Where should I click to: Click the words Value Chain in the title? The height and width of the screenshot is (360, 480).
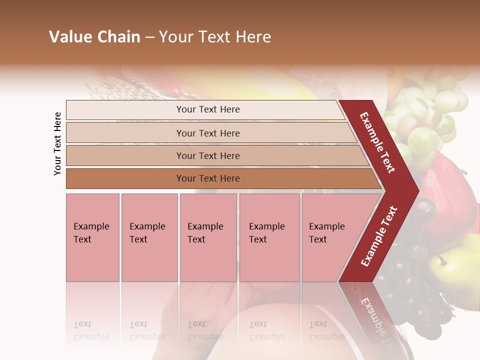coord(94,37)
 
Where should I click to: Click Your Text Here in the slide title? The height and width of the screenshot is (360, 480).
coord(215,37)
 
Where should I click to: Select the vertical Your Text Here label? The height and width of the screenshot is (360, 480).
coord(57,143)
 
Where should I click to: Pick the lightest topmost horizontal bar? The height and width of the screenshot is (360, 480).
coord(207,109)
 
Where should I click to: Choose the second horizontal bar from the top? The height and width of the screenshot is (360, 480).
coord(207,133)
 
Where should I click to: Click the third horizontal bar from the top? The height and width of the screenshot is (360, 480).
coord(207,155)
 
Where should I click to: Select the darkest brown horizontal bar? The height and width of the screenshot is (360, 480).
coord(207,178)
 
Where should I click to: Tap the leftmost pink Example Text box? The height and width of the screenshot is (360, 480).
coord(92,237)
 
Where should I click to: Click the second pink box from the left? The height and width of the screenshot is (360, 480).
coord(149,237)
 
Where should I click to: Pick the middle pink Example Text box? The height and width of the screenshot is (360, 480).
coord(208,237)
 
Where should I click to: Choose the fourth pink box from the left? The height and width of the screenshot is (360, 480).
coord(269,237)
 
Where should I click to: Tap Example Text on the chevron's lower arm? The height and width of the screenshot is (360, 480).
coord(379,236)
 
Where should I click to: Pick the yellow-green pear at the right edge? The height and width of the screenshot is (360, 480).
coord(462,270)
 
